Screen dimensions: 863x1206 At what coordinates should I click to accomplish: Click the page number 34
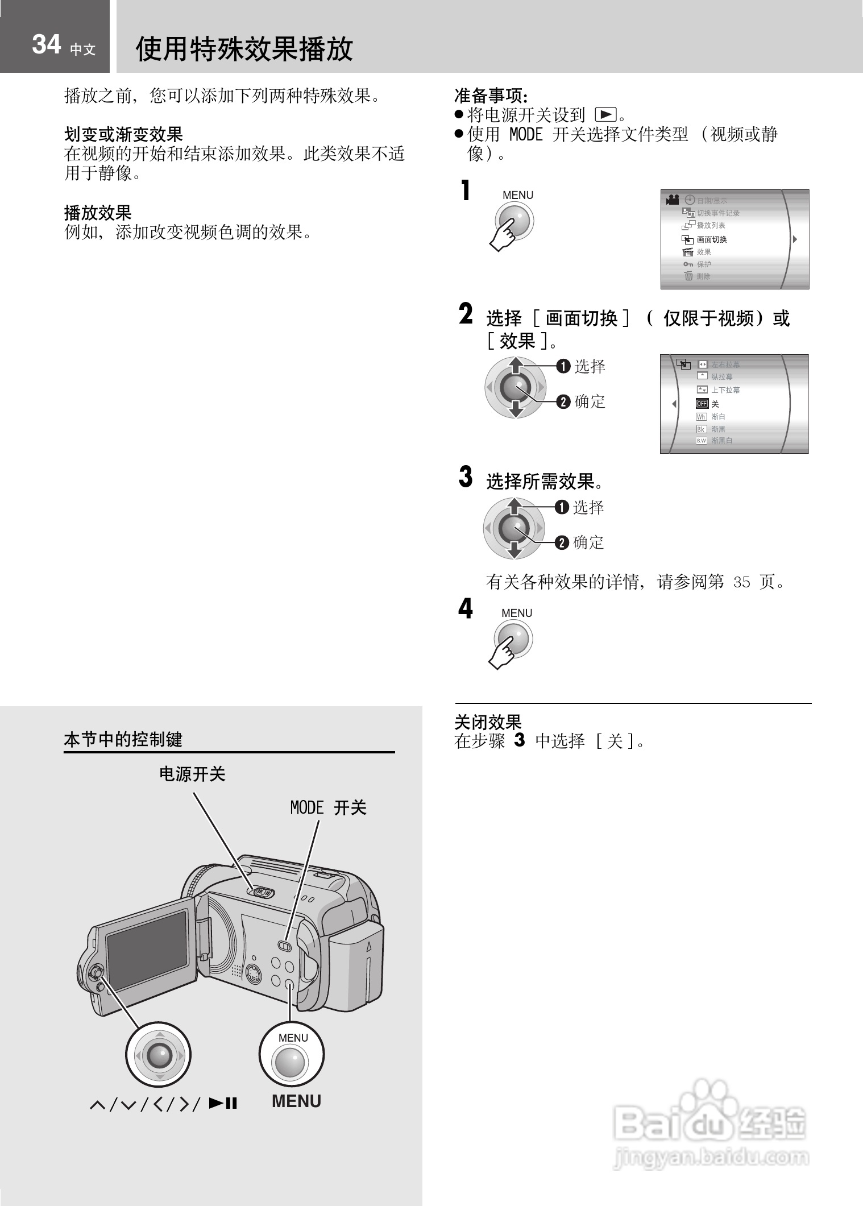[46, 44]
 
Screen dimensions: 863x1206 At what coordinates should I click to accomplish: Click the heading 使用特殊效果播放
[244, 49]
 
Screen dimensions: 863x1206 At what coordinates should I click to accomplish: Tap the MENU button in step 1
[515, 220]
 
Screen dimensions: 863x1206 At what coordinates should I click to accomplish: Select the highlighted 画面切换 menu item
[711, 239]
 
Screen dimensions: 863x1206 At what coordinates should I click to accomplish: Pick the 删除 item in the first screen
[703, 276]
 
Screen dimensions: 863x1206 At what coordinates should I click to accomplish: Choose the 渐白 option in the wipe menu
[717, 417]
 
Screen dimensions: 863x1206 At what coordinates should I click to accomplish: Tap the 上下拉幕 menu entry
[725, 390]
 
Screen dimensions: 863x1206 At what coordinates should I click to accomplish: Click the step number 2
[466, 314]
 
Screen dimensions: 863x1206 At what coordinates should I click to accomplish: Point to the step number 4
[465, 608]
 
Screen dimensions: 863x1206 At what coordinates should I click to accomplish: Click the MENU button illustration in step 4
[513, 639]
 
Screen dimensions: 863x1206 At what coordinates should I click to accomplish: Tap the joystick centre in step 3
[514, 528]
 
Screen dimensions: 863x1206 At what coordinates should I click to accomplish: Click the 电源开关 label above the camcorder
[192, 774]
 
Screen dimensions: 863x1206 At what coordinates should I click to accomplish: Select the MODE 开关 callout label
[328, 808]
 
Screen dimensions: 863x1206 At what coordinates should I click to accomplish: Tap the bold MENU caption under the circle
[296, 1101]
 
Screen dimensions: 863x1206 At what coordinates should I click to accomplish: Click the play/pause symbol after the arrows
[223, 1103]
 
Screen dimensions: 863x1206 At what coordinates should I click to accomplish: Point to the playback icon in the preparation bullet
[605, 115]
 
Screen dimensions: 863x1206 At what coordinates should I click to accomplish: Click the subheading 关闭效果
[488, 722]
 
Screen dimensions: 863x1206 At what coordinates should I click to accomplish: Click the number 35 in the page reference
[741, 582]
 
